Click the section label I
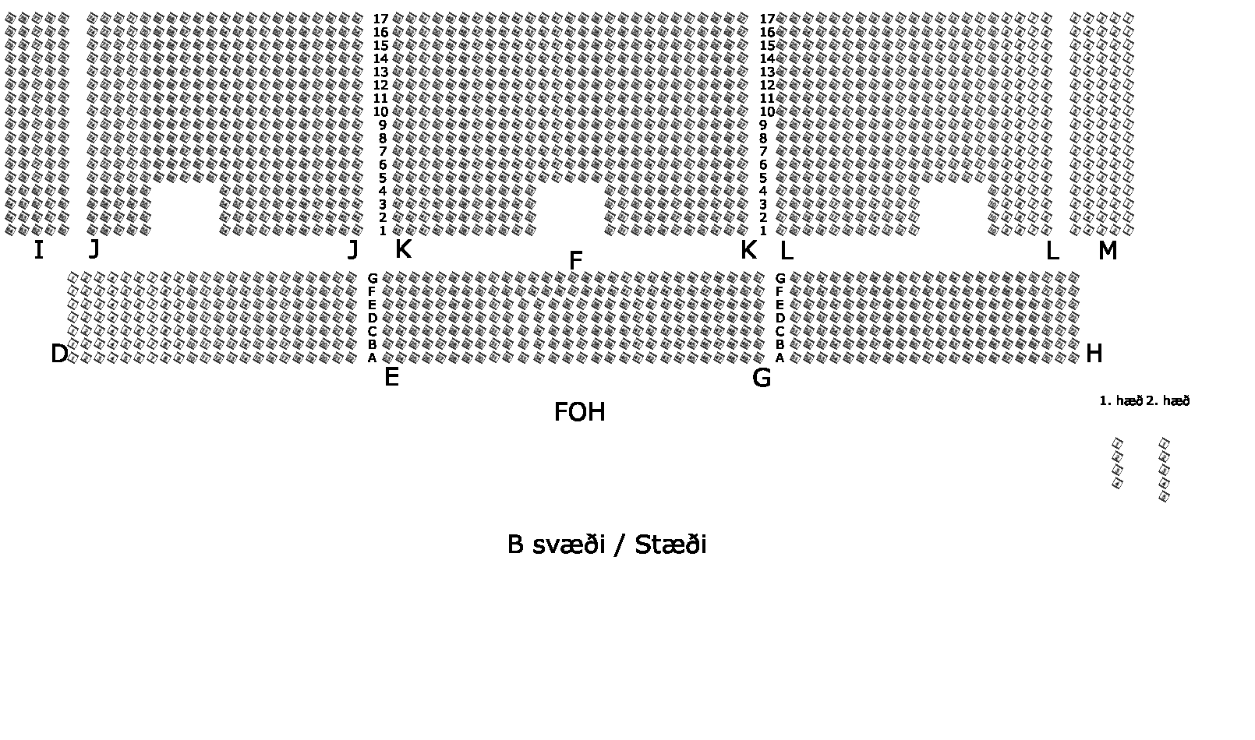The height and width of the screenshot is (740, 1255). (x=38, y=250)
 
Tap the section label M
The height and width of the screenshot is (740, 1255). (x=1107, y=251)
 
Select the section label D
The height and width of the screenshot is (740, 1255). (x=59, y=354)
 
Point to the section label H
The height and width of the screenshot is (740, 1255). (x=1094, y=354)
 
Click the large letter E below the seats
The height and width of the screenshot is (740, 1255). (x=391, y=378)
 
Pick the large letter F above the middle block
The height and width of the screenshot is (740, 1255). (x=575, y=261)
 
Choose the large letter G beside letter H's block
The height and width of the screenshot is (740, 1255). (x=762, y=378)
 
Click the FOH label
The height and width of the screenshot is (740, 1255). (x=579, y=412)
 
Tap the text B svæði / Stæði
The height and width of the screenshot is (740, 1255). (x=606, y=544)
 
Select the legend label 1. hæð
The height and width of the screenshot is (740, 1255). (x=1120, y=401)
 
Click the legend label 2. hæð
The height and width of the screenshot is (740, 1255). (x=1168, y=401)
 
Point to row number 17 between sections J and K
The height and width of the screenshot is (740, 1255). (x=380, y=19)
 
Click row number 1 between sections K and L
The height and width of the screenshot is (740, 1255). (x=763, y=231)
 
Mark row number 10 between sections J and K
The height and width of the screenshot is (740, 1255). (x=380, y=111)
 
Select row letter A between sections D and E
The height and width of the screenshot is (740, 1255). (x=373, y=358)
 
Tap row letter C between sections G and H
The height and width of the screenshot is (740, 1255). (x=780, y=331)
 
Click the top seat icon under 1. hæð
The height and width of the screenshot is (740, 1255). (x=1117, y=443)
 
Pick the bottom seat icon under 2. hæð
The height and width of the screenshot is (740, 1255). (x=1165, y=496)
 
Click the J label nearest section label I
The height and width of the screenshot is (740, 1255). (x=94, y=249)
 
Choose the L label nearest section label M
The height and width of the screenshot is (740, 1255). (x=1052, y=251)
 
